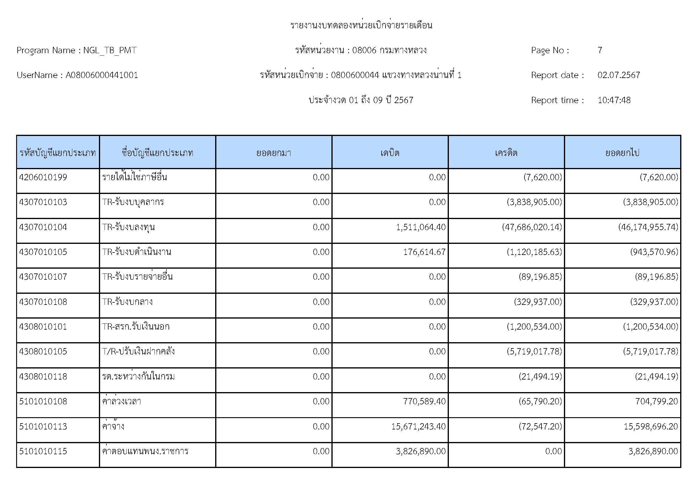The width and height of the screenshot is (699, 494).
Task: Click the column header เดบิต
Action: click(x=390, y=152)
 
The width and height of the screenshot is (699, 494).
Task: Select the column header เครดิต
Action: click(x=506, y=152)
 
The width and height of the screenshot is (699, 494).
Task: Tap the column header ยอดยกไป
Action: click(x=622, y=152)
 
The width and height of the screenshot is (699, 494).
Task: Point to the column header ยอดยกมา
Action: click(x=273, y=152)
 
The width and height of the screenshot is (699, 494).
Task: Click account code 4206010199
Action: click(x=43, y=177)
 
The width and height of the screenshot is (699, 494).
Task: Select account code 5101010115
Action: click(x=43, y=451)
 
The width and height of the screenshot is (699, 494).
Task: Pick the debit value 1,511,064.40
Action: click(x=421, y=227)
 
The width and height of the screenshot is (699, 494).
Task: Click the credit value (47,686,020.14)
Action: click(x=532, y=227)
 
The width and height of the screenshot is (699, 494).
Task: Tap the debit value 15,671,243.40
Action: click(x=418, y=426)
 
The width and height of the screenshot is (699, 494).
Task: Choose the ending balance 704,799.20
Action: click(x=656, y=401)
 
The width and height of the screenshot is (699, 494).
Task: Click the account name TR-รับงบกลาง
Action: click(x=127, y=302)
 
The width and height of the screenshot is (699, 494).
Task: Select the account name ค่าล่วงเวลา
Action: click(x=121, y=401)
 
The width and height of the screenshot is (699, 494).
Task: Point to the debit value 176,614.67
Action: click(x=424, y=252)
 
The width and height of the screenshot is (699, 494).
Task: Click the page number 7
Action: click(x=600, y=50)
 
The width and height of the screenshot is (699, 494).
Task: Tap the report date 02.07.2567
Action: click(x=619, y=75)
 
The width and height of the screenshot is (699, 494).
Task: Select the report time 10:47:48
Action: click(x=614, y=100)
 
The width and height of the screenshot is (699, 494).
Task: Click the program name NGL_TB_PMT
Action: click(x=110, y=50)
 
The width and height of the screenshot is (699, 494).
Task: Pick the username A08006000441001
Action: click(x=102, y=75)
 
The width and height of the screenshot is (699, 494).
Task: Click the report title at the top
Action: click(x=361, y=25)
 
